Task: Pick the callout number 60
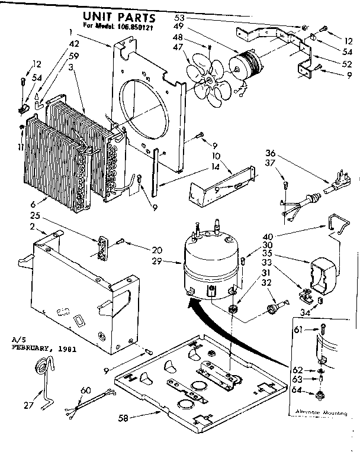tap(85, 390)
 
